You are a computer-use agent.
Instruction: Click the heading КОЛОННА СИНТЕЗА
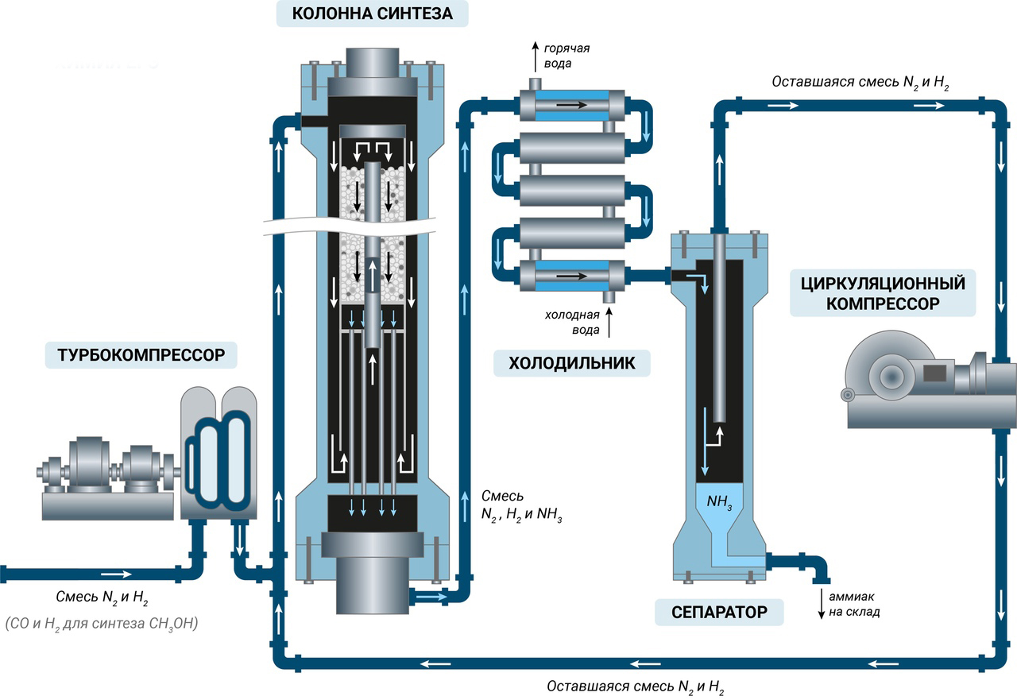tap(372, 14)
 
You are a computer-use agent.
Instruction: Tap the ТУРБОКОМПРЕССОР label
tap(141, 354)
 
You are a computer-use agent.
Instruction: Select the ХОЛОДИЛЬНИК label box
tap(571, 363)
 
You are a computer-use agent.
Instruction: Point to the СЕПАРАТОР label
tap(719, 612)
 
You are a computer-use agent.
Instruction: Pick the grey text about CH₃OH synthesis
tap(101, 624)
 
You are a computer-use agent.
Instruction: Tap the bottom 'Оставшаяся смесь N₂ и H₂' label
tap(636, 686)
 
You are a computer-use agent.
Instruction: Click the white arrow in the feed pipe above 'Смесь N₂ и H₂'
tap(117, 573)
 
